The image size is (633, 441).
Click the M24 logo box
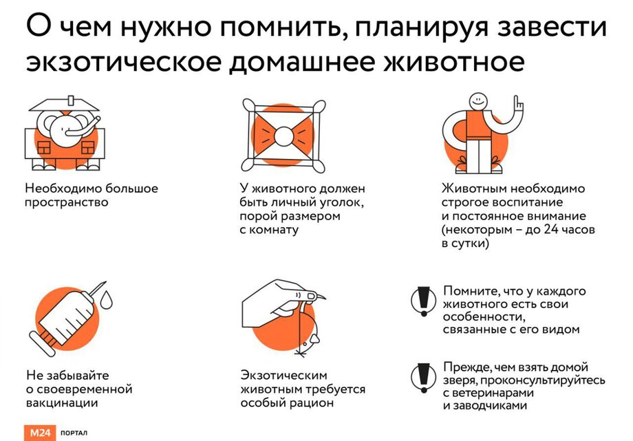click(39, 433)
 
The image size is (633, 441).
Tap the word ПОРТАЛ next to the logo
click(74, 433)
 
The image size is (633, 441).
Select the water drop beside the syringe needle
click(106, 300)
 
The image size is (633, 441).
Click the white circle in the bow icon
click(283, 136)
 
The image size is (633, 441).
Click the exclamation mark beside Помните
click(423, 301)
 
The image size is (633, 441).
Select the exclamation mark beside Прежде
click(423, 377)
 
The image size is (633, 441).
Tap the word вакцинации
click(62, 402)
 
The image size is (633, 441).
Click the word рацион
click(312, 402)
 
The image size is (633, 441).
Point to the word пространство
click(67, 202)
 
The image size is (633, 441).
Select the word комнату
click(274, 230)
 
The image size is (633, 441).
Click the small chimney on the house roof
click(72, 99)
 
